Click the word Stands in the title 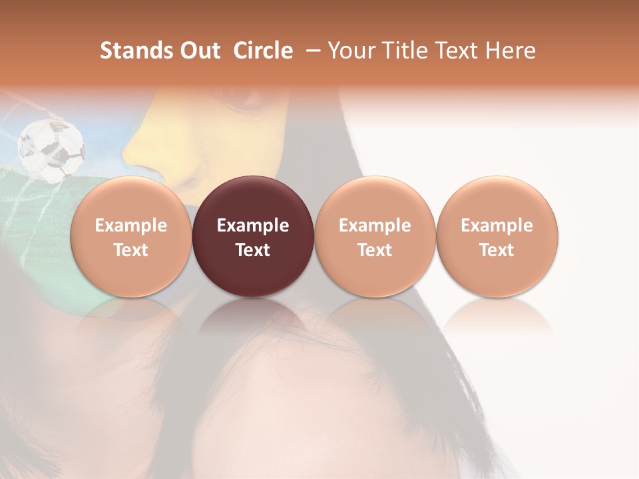coord(136,51)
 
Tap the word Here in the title coord(508,51)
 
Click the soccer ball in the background coord(51,149)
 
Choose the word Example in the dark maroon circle coord(253,226)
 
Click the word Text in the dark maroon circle coord(253,250)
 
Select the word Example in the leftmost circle coord(131,226)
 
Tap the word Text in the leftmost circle coord(131,250)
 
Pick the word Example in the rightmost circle coord(497,226)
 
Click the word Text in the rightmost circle coord(497,250)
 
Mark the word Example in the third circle coord(375,226)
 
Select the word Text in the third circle coord(375,250)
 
